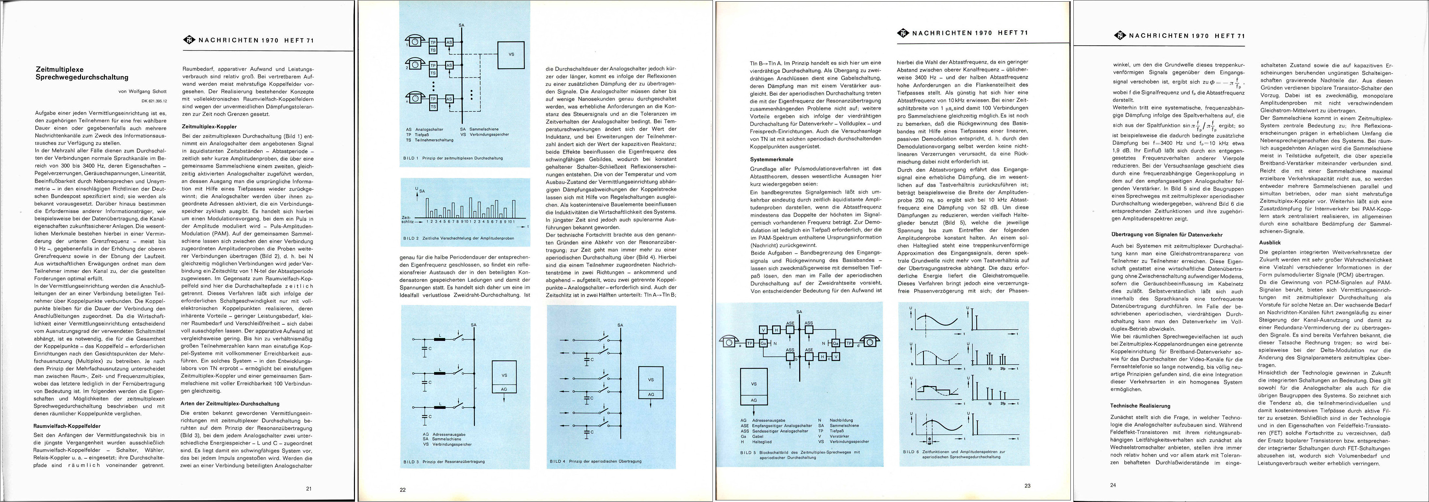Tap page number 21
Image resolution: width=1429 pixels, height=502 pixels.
point(309,488)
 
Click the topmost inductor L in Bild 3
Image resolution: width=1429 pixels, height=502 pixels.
point(441,339)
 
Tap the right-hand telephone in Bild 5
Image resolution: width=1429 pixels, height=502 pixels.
point(870,342)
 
